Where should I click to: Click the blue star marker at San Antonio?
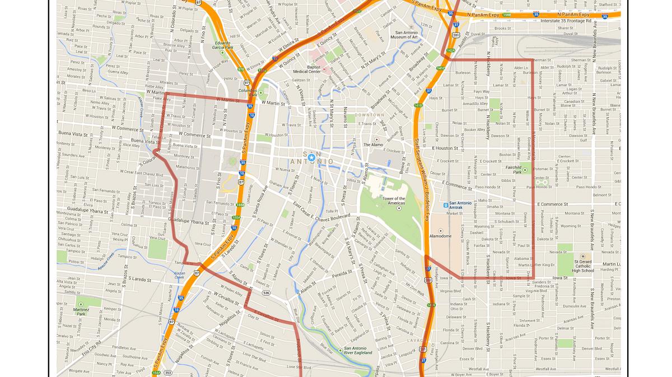point(311,157)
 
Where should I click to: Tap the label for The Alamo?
point(374,145)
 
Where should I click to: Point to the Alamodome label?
point(440,236)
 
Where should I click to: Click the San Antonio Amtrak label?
point(460,206)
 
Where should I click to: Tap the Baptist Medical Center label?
point(307,69)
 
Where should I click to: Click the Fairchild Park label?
point(514,170)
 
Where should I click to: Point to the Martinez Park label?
point(81,312)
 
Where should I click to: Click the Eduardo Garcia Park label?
point(222,45)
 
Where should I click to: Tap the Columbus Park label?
point(248,92)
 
